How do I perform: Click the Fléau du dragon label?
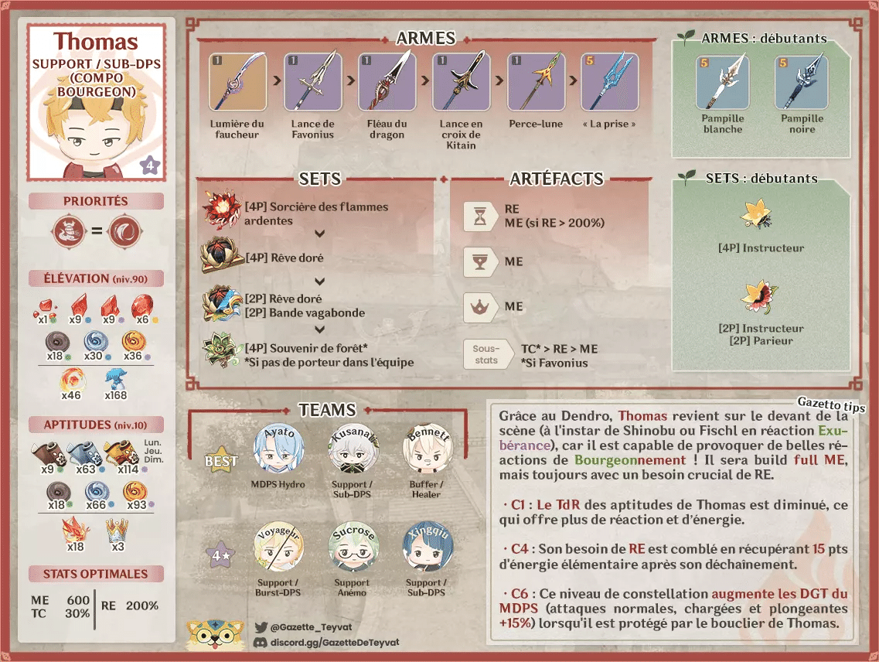[387, 129]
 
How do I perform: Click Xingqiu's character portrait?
[426, 548]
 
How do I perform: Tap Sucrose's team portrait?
[353, 548]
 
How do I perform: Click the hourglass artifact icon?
[479, 216]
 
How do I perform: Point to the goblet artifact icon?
[479, 262]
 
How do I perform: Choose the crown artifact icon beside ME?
[479, 307]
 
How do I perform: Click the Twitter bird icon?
[261, 627]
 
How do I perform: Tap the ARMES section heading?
[426, 38]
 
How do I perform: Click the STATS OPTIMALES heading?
[96, 574]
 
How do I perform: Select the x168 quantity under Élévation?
[116, 396]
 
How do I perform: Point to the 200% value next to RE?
[142, 606]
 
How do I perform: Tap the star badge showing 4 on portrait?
[149, 164]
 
